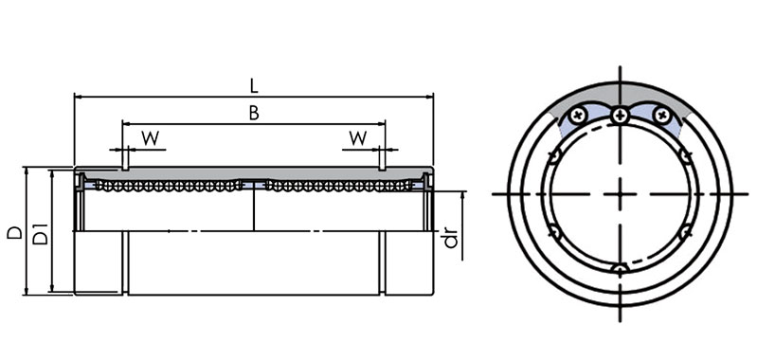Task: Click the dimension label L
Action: [254, 86]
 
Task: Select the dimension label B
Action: [254, 114]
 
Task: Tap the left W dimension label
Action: [151, 138]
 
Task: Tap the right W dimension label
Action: [358, 138]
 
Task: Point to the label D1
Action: [41, 234]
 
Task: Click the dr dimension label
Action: [451, 240]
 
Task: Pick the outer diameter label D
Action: [15, 233]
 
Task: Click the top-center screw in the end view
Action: [620, 117]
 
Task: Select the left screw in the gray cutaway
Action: [577, 117]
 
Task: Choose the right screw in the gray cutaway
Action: [661, 117]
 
